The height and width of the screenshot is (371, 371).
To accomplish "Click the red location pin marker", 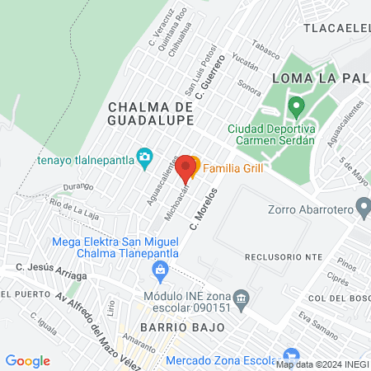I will [186, 167].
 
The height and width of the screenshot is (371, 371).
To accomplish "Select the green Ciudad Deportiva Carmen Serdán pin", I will [296, 106].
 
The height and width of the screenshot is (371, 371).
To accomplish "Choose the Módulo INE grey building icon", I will [241, 297].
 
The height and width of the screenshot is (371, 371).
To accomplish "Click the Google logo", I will [27, 361].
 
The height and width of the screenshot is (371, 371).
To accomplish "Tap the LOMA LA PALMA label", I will [316, 77].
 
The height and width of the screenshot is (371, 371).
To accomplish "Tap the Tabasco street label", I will [261, 45].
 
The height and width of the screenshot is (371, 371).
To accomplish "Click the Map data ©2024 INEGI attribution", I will [322, 364].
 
